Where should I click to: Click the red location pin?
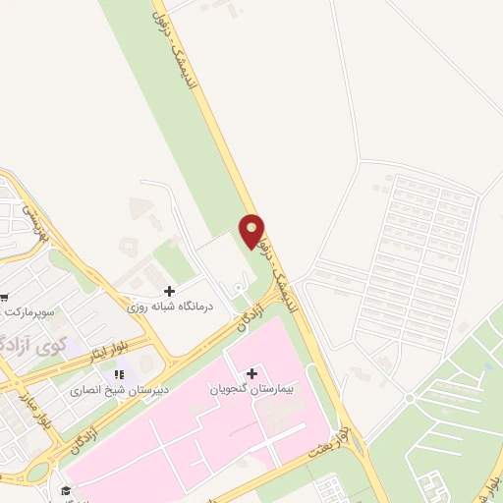(x=252, y=233)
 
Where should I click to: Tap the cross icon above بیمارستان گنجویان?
(x=252, y=373)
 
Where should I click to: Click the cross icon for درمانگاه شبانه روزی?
(x=169, y=292)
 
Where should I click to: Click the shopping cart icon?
(x=3, y=298)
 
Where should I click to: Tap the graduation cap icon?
(x=66, y=490)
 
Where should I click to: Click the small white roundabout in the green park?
(x=409, y=398)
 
